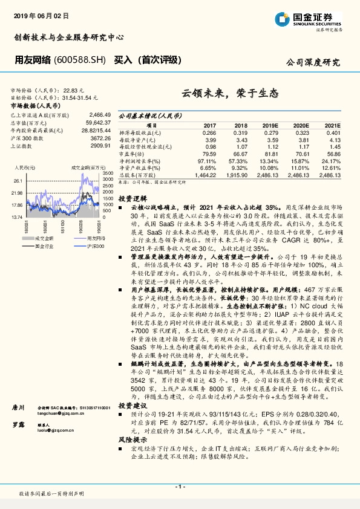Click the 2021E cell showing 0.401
[x=334, y=132]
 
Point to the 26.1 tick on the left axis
[x=17, y=181]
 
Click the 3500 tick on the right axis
[x=108, y=173]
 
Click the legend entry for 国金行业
[x=44, y=247]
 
